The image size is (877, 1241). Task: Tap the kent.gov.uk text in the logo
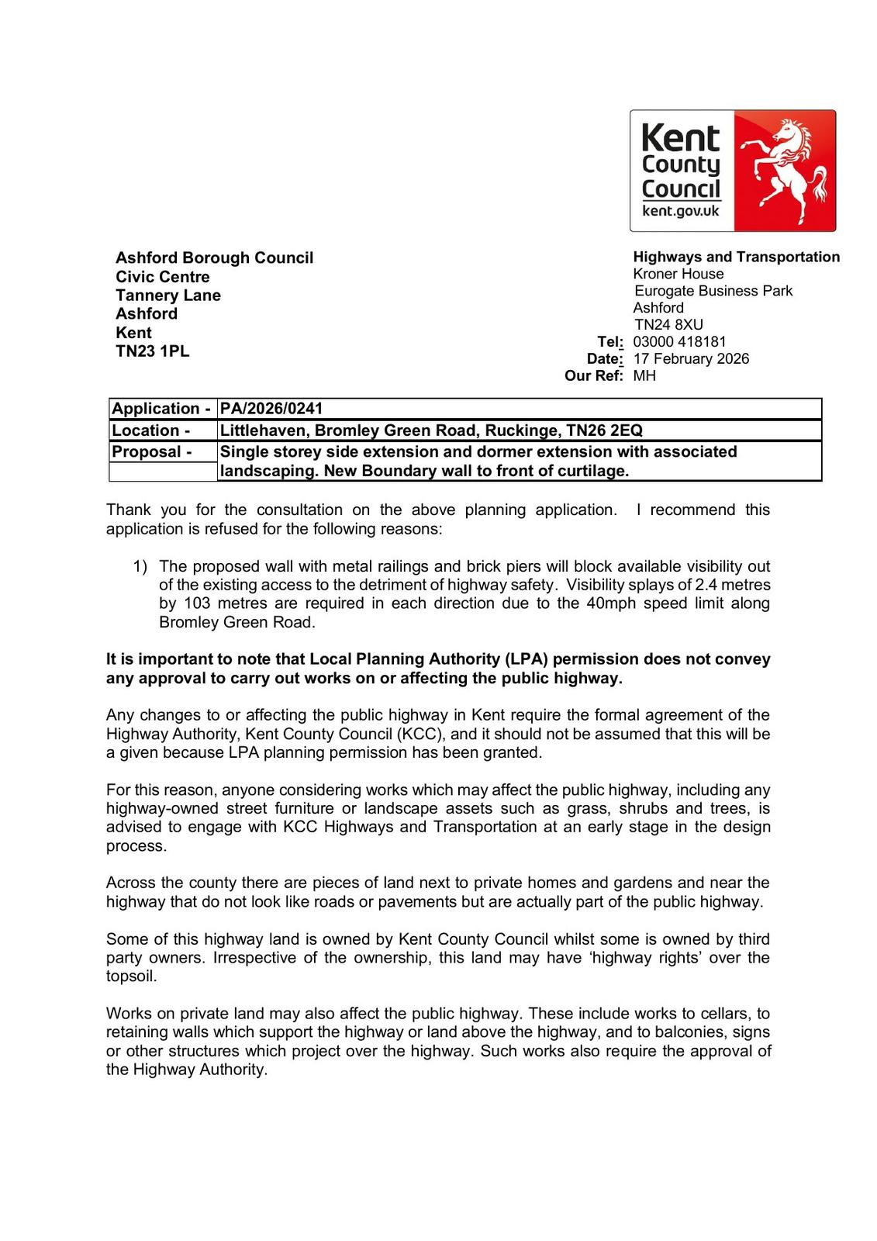(x=681, y=211)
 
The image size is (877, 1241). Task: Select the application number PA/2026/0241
(x=271, y=409)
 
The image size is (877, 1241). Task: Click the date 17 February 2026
(x=691, y=358)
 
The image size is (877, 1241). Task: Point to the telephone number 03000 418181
(x=679, y=341)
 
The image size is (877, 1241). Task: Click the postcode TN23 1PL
(x=152, y=351)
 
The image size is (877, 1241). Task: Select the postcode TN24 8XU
(x=668, y=324)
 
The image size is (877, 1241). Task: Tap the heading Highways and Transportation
(x=736, y=257)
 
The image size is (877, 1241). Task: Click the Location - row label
(x=151, y=430)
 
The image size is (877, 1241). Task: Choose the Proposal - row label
(x=152, y=451)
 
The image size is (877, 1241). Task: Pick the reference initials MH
(x=644, y=375)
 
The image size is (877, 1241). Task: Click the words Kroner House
(x=678, y=274)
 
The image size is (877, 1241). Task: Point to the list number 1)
(x=140, y=566)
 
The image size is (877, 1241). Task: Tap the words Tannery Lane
(x=168, y=296)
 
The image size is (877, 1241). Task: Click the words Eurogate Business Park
(x=713, y=291)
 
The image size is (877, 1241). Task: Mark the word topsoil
(x=131, y=976)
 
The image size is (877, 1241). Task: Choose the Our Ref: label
(x=593, y=375)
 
